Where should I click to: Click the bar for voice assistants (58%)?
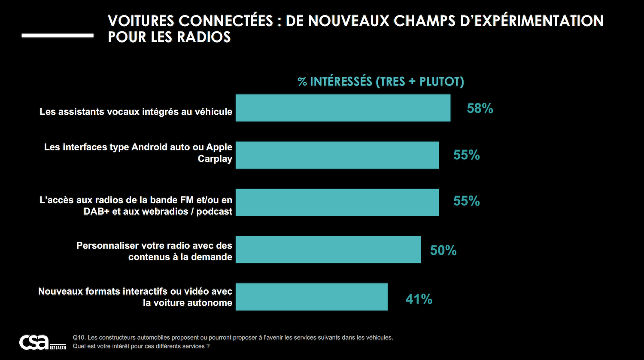click(343, 108)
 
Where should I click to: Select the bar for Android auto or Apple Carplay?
click(337, 155)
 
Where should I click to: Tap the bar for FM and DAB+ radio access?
click(337, 202)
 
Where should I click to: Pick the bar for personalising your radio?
click(328, 250)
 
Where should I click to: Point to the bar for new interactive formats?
click(311, 297)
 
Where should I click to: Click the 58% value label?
click(480, 108)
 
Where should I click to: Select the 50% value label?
click(443, 250)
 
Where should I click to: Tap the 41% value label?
click(419, 299)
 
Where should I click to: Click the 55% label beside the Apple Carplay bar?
click(466, 155)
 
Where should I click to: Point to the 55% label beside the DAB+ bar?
click(466, 201)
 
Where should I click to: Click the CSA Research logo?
click(42, 342)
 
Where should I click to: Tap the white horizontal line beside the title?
click(57, 36)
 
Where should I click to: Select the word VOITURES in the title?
click(141, 21)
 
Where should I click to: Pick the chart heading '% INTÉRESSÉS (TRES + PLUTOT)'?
click(380, 82)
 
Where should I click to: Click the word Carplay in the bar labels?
click(215, 159)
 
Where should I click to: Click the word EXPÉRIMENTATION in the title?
click(532, 21)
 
